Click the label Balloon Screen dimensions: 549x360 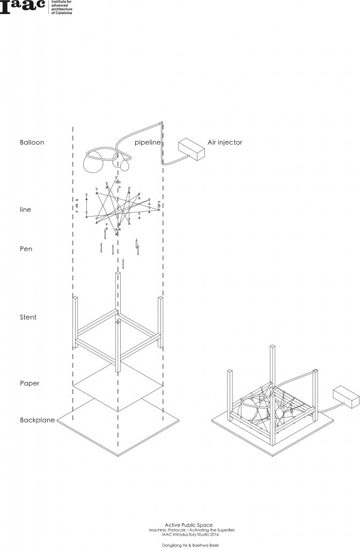(x=32, y=143)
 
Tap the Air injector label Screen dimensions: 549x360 (x=225, y=143)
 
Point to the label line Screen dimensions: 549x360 (x=25, y=210)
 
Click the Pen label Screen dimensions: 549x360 (x=26, y=249)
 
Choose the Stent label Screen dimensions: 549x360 (x=28, y=317)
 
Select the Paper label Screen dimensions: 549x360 (x=30, y=384)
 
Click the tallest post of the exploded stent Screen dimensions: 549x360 (x=117, y=322)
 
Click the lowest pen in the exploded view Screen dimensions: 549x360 (x=123, y=263)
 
